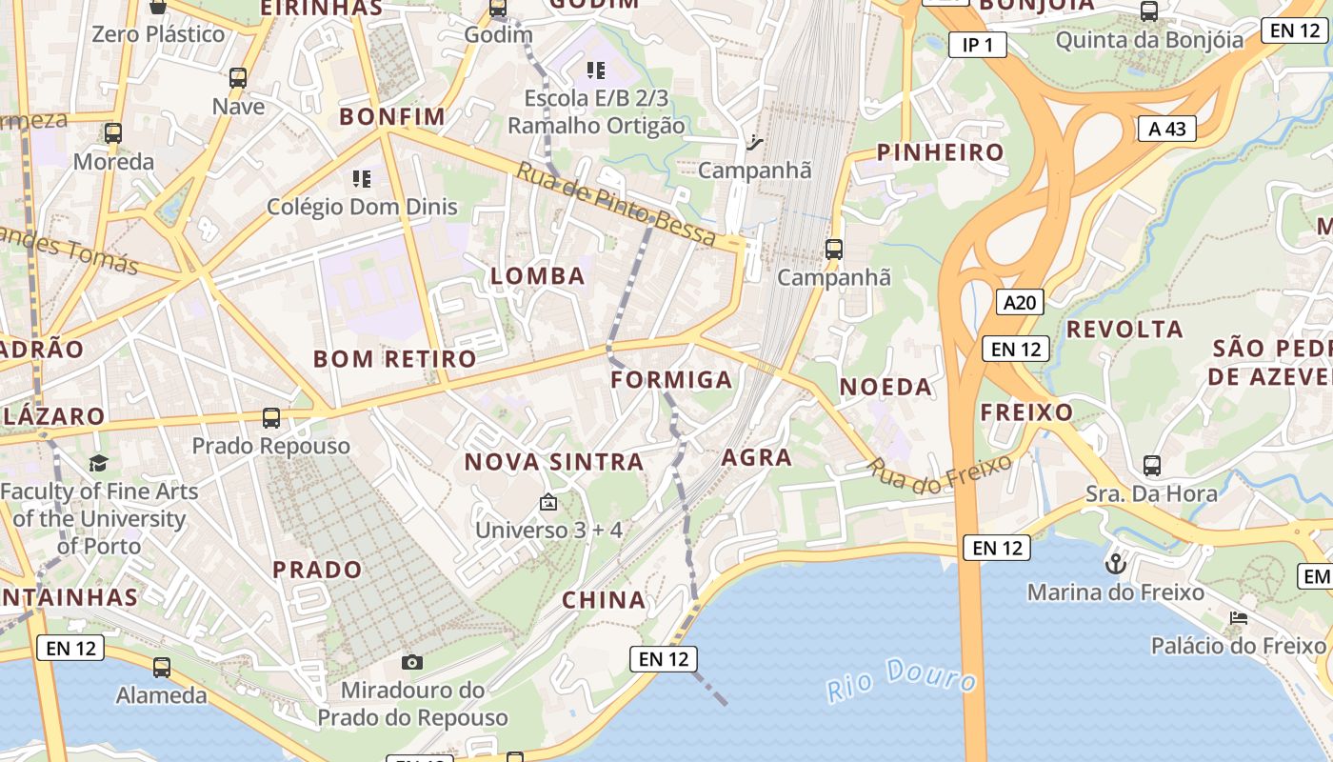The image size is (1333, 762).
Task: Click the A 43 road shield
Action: coord(1166,129)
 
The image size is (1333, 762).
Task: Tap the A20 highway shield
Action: coord(1020,303)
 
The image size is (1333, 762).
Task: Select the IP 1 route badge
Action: coord(977,45)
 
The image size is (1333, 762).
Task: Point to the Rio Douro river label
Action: coord(901,678)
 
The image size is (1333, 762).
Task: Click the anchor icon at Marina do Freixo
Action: coord(1115,564)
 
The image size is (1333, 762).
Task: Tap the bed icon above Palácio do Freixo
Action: coord(1238,618)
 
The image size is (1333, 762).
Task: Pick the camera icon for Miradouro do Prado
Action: coord(412,662)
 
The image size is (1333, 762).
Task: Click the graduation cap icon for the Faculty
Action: coord(98,464)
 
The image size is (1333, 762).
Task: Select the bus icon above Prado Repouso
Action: coord(271,417)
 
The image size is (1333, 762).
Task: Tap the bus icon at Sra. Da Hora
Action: coord(1151,466)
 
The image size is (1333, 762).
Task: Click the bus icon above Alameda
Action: coord(162,668)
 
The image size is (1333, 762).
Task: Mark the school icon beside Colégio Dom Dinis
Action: coord(361,178)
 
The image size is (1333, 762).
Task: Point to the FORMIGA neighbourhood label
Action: coord(671,380)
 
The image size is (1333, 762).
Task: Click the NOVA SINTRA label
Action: coord(553,462)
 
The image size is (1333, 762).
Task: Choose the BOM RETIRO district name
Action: coord(394,359)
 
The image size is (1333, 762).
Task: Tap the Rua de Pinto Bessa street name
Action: coord(615,204)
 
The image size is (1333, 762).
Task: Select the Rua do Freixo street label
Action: coord(939,473)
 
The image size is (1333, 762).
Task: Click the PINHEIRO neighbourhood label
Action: coord(940,152)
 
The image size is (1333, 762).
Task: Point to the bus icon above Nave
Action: coord(238,78)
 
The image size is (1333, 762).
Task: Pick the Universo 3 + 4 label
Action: coord(548,530)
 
